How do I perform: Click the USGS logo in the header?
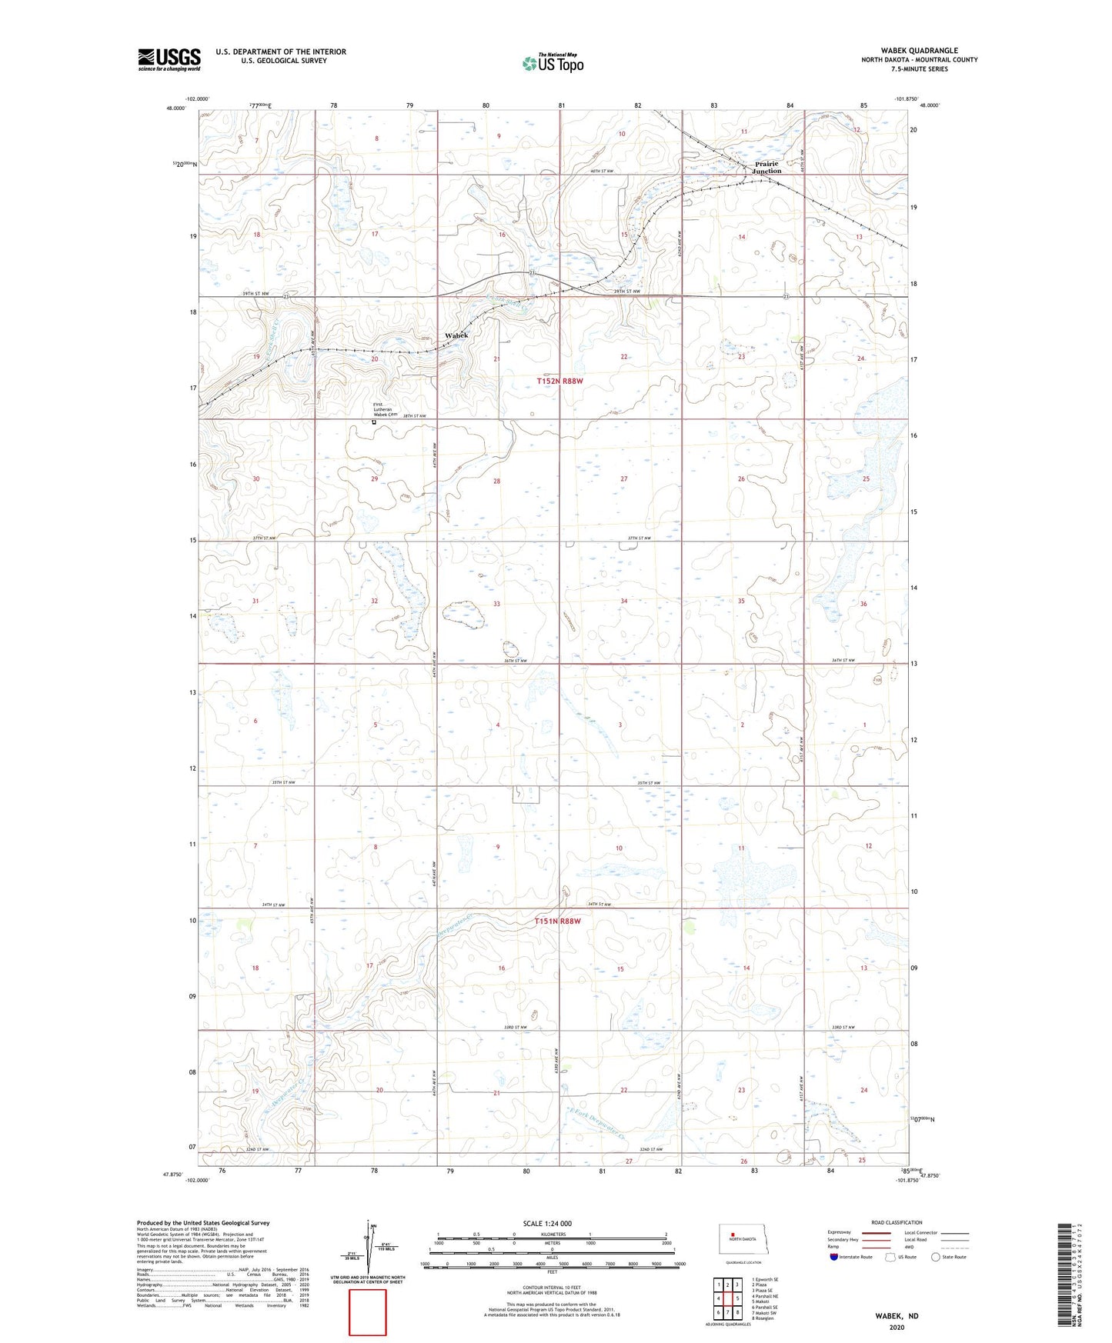click(x=169, y=59)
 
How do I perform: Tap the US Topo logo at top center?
click(x=553, y=63)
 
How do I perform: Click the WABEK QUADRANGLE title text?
click(x=919, y=51)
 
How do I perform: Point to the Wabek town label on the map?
click(x=456, y=335)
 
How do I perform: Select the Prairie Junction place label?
click(x=766, y=167)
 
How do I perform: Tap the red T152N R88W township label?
click(x=559, y=381)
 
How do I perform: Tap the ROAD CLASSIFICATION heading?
click(x=897, y=1222)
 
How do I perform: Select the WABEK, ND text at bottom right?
click(x=896, y=1316)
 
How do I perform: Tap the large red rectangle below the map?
click(x=368, y=1312)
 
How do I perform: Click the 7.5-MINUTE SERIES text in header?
click(x=919, y=68)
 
